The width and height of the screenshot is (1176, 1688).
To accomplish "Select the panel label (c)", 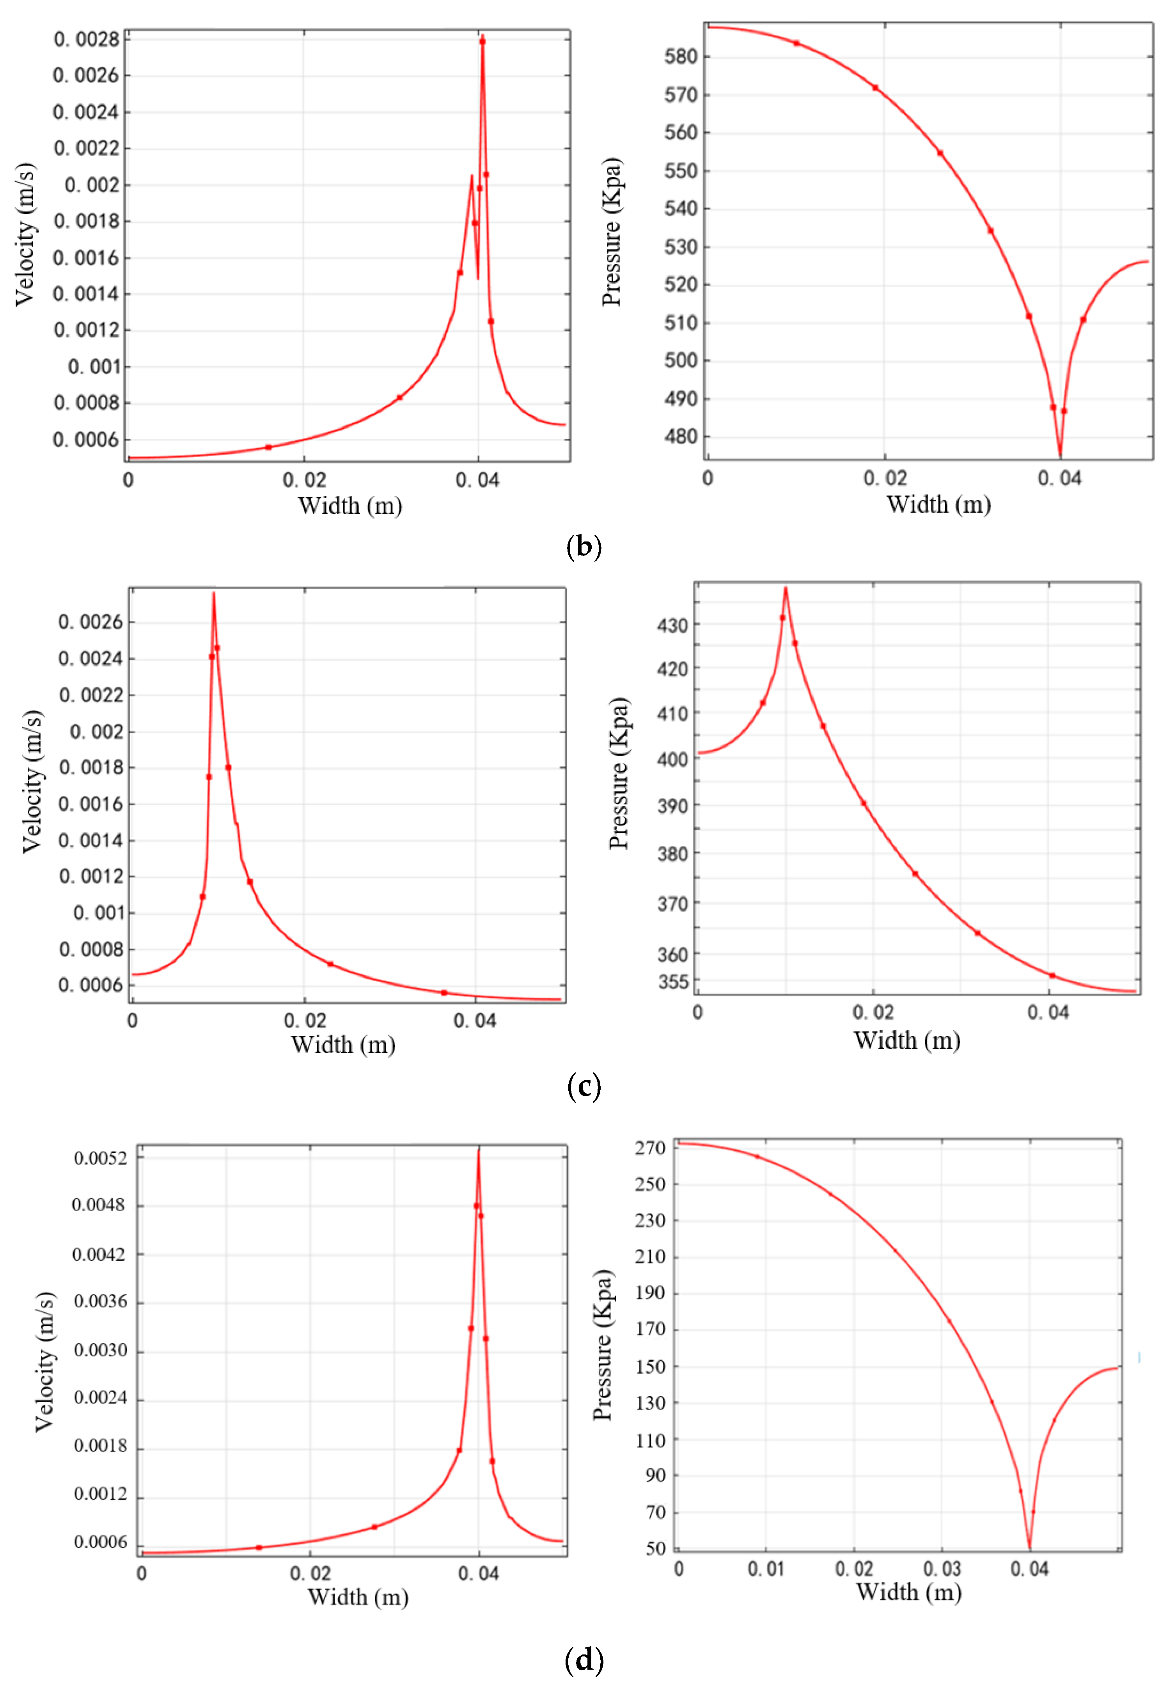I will click(584, 1086).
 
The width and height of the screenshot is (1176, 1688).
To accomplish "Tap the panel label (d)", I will click(584, 1660).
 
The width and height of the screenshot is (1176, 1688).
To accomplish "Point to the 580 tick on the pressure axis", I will click(681, 57).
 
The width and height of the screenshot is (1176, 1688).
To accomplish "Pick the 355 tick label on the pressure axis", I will click(673, 982).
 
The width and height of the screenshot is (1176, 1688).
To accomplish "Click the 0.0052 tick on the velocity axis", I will click(101, 1159).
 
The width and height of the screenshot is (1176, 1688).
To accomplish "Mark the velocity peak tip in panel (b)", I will click(482, 35).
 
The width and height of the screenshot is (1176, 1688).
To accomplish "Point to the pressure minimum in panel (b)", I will click(1060, 456).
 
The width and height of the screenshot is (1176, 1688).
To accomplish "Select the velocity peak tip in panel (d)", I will click(479, 1149).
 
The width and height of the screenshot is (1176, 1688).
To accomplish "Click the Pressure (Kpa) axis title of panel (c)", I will click(619, 774).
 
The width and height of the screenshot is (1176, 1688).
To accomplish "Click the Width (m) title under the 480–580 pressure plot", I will click(938, 504).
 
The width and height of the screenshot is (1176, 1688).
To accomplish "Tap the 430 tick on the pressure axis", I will click(672, 626).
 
